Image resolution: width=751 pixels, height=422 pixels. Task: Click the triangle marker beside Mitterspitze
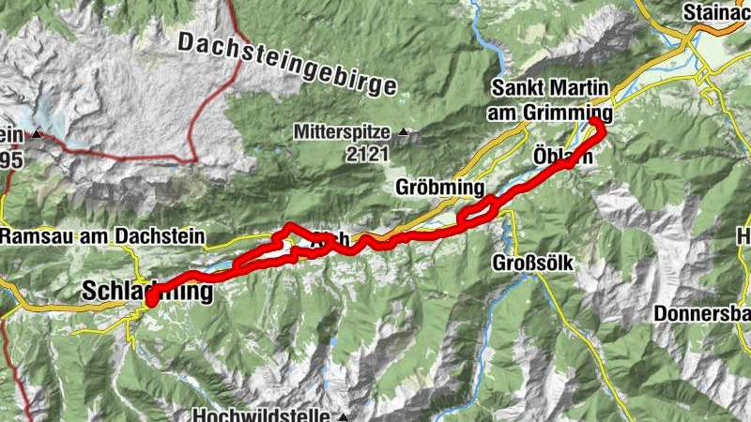404,131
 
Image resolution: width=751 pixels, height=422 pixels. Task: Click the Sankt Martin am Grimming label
549,101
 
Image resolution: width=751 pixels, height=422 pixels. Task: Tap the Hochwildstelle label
262,415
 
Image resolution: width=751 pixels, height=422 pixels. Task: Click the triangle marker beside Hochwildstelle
344,415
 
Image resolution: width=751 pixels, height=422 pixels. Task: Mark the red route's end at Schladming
151,300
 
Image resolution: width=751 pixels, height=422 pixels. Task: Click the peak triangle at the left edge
37,134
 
